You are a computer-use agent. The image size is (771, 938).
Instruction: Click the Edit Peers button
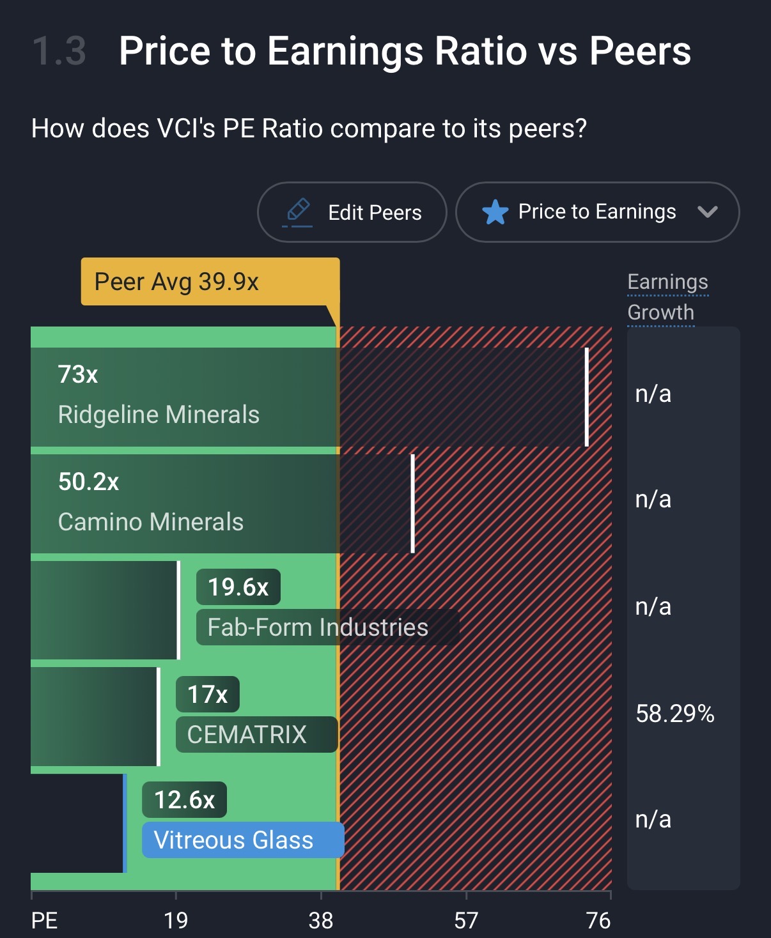[x=352, y=212]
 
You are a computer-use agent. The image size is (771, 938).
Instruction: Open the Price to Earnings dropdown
[x=597, y=212]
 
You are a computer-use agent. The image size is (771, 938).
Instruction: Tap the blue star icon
[x=495, y=212]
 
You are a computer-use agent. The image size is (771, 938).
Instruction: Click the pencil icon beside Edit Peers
[x=298, y=211]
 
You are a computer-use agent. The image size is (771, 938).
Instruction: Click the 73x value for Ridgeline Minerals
[x=78, y=374]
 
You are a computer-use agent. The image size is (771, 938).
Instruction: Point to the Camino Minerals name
[x=151, y=522]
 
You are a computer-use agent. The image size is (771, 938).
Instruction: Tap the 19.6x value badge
[x=238, y=587]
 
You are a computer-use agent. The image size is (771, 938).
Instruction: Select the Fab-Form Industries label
[x=318, y=627]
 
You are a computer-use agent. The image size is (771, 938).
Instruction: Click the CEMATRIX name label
[x=247, y=735]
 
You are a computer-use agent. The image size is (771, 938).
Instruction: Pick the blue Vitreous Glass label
[x=234, y=840]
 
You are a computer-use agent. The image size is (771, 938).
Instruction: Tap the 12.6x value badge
[x=184, y=800]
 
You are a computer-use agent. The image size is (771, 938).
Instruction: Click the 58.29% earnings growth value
[x=675, y=714]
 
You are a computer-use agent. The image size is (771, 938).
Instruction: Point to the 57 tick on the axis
[x=466, y=921]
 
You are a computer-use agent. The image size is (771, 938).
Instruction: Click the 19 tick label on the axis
[x=176, y=921]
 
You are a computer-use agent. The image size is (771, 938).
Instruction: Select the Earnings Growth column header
[x=667, y=297]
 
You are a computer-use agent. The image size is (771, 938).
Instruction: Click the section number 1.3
[x=59, y=51]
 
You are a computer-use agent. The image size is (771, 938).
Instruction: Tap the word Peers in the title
[x=640, y=51]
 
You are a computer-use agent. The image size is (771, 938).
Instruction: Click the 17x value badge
[x=207, y=695]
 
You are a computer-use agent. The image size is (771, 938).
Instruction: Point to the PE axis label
[x=45, y=921]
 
